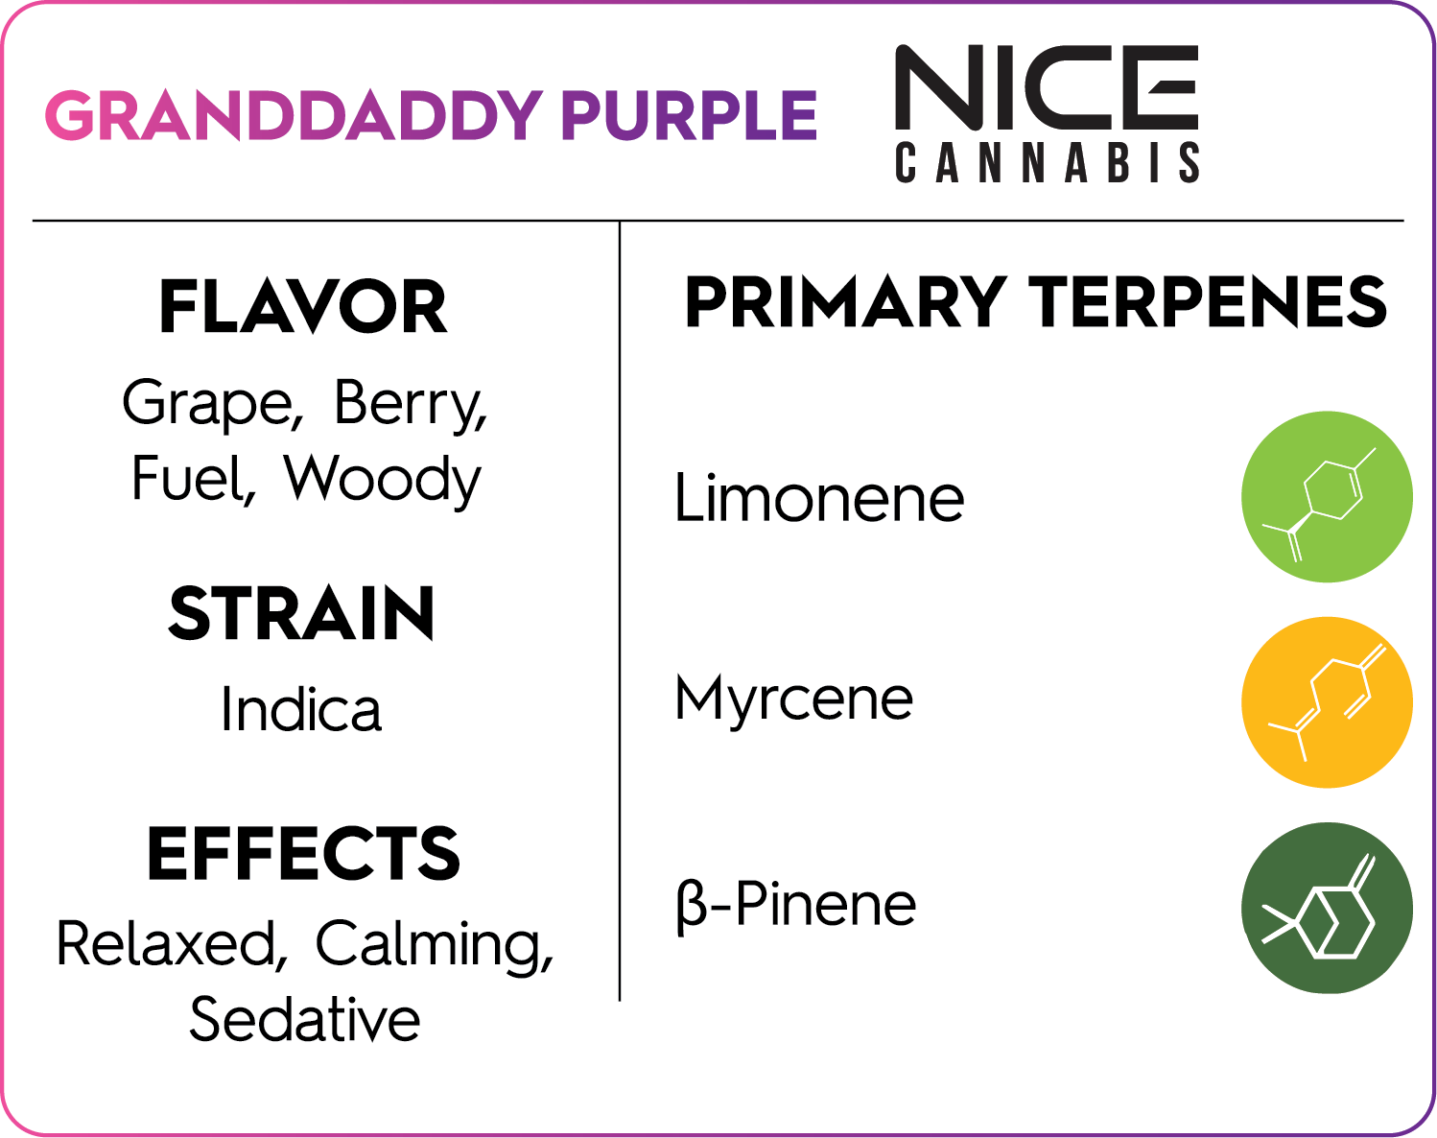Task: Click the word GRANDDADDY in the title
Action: [294, 115]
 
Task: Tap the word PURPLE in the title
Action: [689, 115]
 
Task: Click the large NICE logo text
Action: [1047, 87]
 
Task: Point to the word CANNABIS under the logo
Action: [1047, 162]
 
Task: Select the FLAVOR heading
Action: [303, 306]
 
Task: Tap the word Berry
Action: [411, 404]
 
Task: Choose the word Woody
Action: [382, 480]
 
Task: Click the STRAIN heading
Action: [302, 613]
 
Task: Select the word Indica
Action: [301, 708]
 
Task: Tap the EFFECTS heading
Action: [304, 854]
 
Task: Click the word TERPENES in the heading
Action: [1208, 302]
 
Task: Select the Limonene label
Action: [819, 498]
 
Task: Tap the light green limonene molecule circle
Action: [1327, 497]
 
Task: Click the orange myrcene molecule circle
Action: [1327, 702]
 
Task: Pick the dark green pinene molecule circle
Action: [1327, 909]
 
